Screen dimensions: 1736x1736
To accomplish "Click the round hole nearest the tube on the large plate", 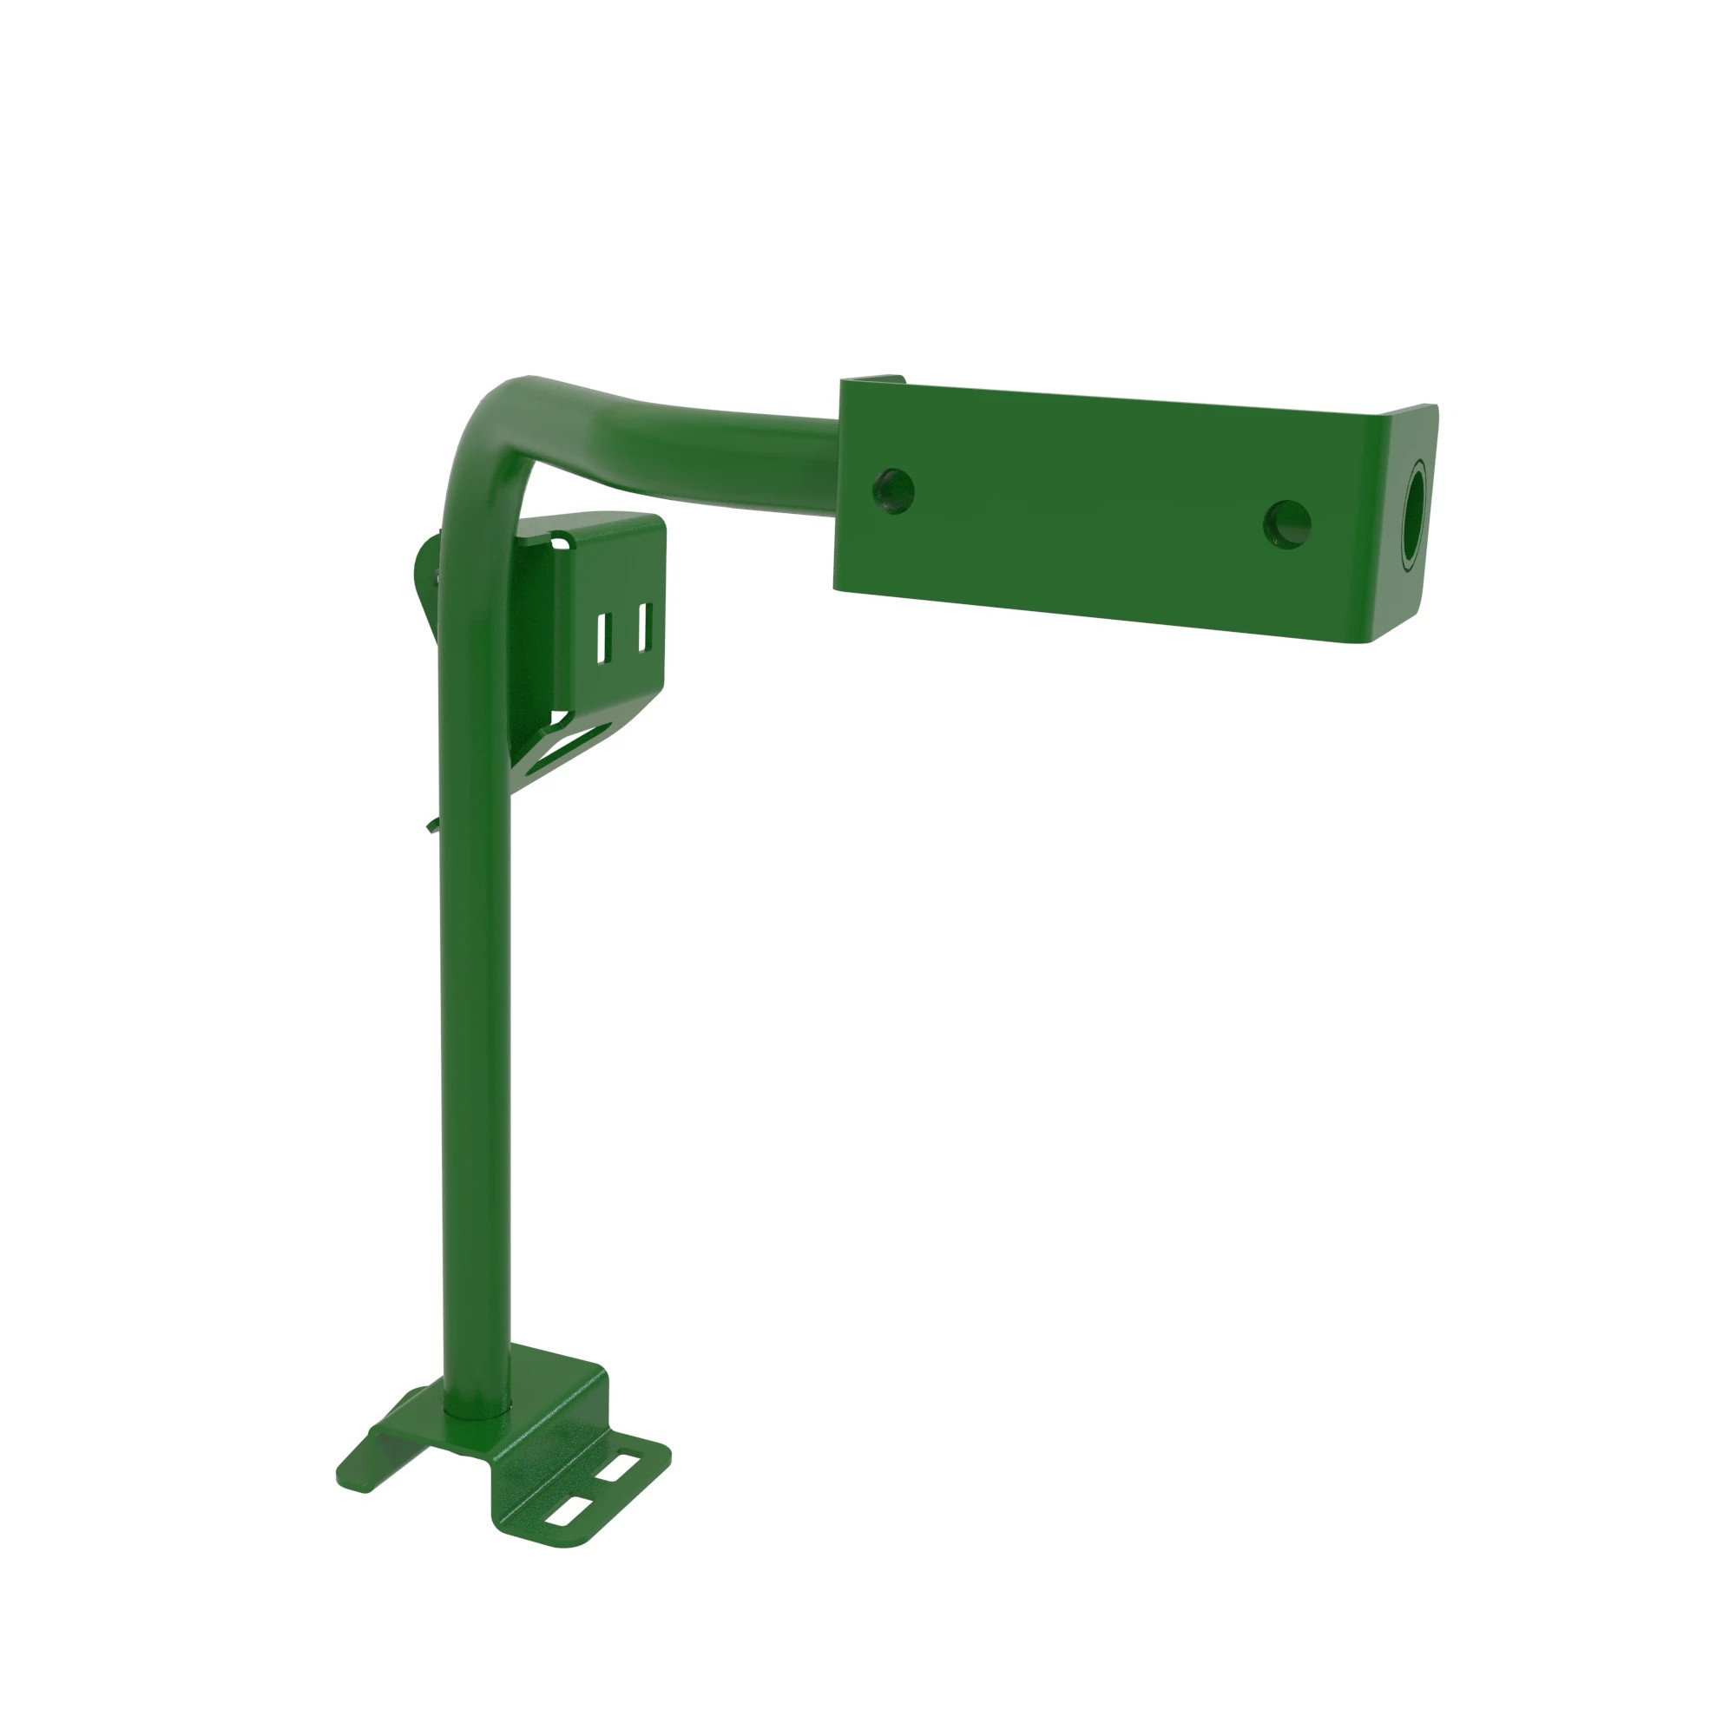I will [893, 490].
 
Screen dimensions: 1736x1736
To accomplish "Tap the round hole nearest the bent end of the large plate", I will [1286, 524].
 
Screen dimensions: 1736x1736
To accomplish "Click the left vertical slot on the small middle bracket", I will [603, 639].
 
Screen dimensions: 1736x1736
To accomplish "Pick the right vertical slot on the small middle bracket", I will [643, 628].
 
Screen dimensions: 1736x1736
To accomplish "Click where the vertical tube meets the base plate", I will [477, 1412].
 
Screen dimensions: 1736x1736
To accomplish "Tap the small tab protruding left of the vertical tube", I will [433, 823].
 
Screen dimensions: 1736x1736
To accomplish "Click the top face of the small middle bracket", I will [597, 525].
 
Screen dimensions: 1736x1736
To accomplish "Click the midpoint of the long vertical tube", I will [477, 989].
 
